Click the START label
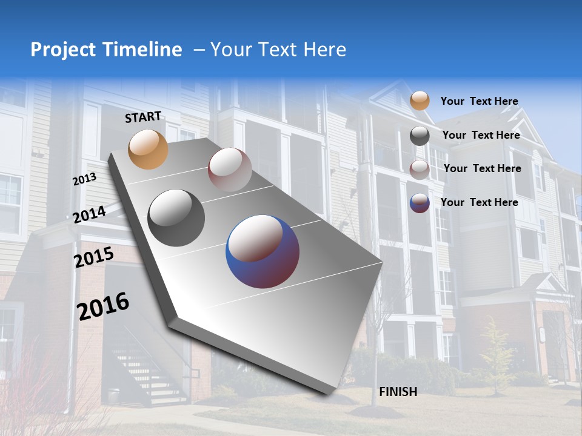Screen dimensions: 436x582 point(143,117)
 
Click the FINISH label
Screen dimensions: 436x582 point(398,392)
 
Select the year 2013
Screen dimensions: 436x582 point(84,180)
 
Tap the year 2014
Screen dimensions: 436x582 point(89,214)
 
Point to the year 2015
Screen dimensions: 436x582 point(93,257)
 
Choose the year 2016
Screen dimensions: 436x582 point(103,306)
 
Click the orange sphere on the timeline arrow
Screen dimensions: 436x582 point(148,149)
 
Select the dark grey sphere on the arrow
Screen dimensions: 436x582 point(176,217)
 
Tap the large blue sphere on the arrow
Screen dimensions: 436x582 point(262,251)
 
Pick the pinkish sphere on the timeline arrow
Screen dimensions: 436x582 point(230,169)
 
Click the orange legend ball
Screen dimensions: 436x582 point(419,101)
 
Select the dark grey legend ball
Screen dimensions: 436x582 point(419,136)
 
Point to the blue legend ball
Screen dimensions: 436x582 point(419,203)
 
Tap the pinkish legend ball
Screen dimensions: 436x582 point(419,170)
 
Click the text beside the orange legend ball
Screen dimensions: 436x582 point(479,101)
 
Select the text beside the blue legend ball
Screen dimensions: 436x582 point(479,202)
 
